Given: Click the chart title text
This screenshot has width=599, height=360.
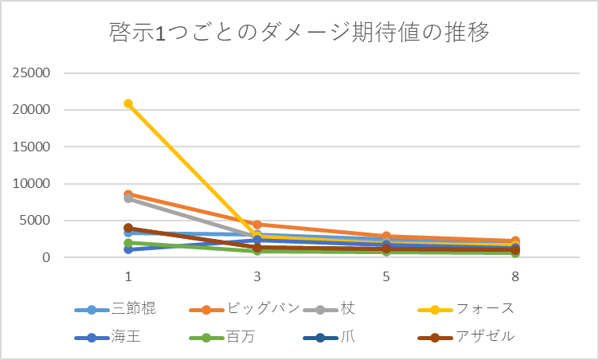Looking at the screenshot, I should tap(299, 33).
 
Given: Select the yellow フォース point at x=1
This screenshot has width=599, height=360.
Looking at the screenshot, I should tap(128, 104).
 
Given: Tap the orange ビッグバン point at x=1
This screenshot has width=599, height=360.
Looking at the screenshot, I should tap(128, 194).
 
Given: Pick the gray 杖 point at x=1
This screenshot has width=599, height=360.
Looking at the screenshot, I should tap(128, 198).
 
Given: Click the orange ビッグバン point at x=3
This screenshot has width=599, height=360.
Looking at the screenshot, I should tap(257, 225).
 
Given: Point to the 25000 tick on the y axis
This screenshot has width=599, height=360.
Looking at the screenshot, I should tap(33, 73).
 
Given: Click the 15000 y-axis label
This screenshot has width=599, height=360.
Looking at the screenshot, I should tap(33, 147).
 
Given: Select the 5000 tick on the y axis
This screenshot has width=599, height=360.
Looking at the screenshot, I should tap(36, 221).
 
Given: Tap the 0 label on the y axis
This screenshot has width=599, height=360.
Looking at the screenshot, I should tap(47, 258).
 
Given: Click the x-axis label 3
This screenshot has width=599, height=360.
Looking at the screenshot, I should tap(257, 277).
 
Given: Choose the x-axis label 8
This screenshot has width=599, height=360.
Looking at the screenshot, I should tap(515, 277).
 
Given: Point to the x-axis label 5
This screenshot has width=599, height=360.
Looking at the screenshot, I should tap(386, 277).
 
